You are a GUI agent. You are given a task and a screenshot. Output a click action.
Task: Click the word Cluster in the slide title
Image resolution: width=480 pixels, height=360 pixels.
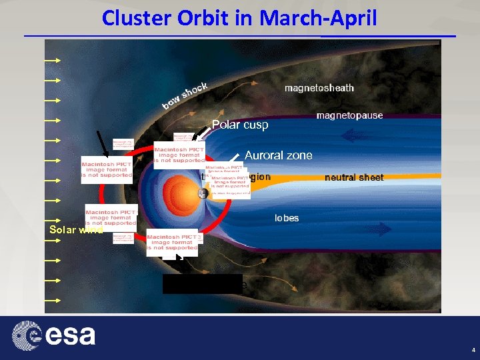click(x=134, y=17)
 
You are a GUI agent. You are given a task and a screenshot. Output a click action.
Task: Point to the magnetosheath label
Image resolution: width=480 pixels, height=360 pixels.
click(x=319, y=88)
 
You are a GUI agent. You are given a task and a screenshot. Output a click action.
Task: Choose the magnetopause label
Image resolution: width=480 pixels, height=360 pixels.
click(x=349, y=115)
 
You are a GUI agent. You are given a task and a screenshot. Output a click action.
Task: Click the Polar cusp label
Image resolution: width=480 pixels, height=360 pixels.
click(x=240, y=125)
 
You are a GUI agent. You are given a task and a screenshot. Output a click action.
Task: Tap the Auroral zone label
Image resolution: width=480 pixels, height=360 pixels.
click(x=278, y=155)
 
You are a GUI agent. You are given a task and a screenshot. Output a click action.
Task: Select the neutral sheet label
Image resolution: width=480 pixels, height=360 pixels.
click(x=354, y=177)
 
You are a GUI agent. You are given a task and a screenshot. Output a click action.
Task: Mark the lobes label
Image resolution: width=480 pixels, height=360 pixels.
click(x=287, y=218)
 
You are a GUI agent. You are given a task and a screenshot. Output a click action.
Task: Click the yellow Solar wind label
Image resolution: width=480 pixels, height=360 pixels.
click(x=75, y=230)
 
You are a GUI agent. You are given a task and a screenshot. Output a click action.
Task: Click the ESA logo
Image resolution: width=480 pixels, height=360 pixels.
click(x=53, y=335)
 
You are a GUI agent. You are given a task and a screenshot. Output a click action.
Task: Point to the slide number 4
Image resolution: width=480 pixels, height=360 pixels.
click(x=473, y=349)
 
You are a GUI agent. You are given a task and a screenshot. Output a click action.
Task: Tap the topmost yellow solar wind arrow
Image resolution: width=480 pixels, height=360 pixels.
click(x=53, y=60)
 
